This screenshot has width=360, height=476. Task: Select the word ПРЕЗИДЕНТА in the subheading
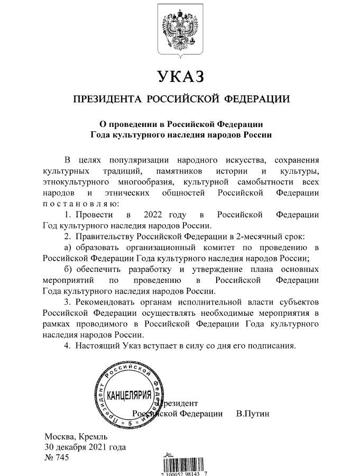tap(107, 99)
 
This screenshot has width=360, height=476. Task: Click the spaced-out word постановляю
tap(81, 204)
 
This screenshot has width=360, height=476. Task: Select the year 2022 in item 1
tap(154, 215)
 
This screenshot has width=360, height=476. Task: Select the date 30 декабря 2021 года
tap(85, 447)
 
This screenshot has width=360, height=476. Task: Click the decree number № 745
tap(57, 458)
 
